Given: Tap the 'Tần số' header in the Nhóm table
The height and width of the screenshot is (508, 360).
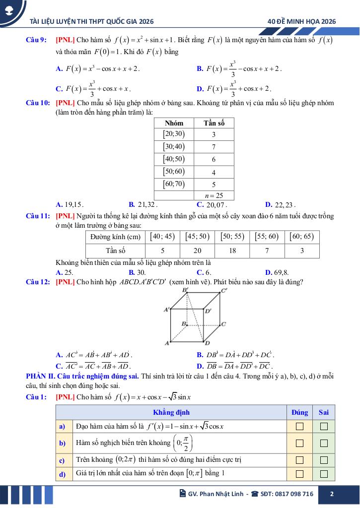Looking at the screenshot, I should click(x=214, y=123).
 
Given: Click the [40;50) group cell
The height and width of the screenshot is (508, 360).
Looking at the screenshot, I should click(x=173, y=159).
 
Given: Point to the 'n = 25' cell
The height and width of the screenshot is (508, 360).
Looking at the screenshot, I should click(x=214, y=195).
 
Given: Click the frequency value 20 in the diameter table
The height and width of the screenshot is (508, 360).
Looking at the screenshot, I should click(x=198, y=251).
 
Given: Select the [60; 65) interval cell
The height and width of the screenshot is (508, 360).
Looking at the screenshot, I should click(x=302, y=237).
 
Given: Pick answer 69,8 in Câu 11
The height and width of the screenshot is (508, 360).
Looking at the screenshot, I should click(x=278, y=272).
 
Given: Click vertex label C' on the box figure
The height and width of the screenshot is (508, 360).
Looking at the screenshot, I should click(x=224, y=290).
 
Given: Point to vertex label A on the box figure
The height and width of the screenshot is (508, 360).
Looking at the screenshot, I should click(x=167, y=343).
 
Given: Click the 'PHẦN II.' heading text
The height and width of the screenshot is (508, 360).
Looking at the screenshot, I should click(x=41, y=377).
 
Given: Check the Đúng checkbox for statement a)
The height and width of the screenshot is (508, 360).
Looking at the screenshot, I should click(x=299, y=426).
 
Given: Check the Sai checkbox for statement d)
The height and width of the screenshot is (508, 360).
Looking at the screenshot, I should click(x=324, y=474).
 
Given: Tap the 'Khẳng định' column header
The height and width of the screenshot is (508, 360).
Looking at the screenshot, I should click(x=171, y=412).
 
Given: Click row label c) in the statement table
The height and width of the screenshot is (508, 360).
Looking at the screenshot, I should click(x=63, y=460).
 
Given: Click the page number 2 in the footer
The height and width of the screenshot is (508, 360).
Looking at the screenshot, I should click(x=332, y=494).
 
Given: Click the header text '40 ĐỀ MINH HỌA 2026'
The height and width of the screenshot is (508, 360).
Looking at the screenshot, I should click(x=301, y=21).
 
